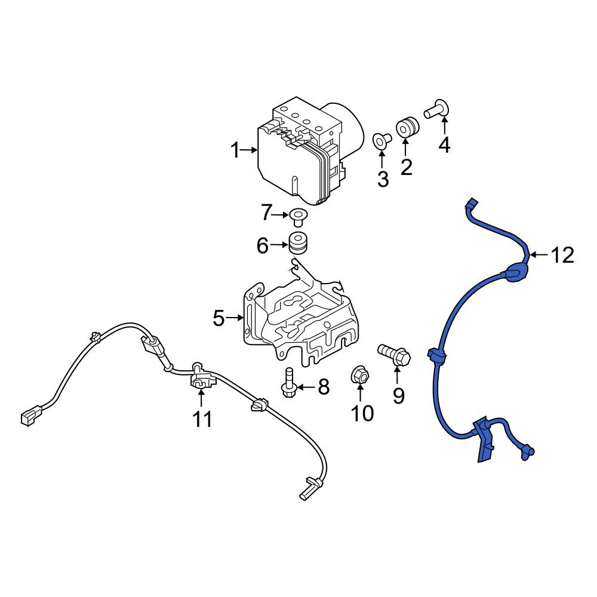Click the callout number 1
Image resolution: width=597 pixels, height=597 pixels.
tap(236, 150)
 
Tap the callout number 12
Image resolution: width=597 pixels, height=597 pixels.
tap(562, 255)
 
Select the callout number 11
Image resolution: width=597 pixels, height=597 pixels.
tap(202, 420)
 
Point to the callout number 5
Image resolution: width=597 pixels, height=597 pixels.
tap(219, 318)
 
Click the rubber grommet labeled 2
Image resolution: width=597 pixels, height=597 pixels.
tap(407, 128)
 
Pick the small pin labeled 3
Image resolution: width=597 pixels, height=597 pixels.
tap(381, 140)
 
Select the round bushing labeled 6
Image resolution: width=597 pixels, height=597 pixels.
tap(298, 242)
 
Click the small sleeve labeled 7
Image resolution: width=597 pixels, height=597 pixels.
tap(297, 216)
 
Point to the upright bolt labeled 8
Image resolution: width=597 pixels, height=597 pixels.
tap(288, 383)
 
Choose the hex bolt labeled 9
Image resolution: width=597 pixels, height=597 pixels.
tap(395, 353)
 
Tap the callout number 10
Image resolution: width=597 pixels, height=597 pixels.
tap(362, 413)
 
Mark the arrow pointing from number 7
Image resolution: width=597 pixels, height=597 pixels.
tap(281, 215)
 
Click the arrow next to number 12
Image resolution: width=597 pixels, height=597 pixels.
tap(538, 255)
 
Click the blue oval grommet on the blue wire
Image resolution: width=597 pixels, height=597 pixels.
tap(516, 272)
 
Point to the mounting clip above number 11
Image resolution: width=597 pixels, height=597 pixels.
tap(199, 377)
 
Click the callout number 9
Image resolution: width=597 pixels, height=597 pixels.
tap(398, 396)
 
